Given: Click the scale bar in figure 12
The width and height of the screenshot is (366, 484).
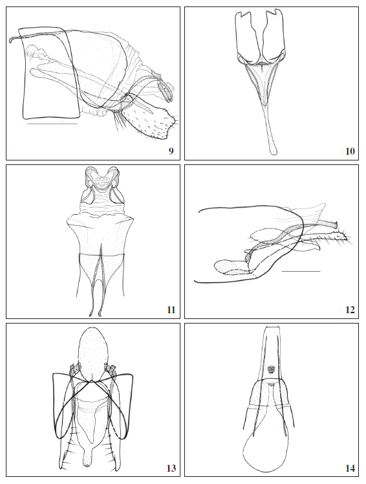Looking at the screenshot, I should tap(301, 271).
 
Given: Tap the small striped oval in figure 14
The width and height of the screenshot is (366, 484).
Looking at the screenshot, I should tap(272, 371).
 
